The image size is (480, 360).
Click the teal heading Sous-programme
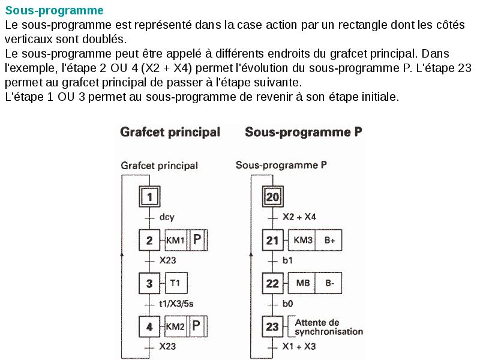(54, 10)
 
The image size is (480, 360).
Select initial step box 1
(151, 197)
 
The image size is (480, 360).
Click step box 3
(149, 283)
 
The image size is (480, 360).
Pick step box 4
(149, 327)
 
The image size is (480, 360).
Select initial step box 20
(273, 197)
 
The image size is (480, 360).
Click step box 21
(273, 241)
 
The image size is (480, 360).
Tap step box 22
(273, 283)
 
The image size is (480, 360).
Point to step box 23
(273, 327)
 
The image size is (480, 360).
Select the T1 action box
(175, 283)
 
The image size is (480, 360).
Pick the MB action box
(302, 283)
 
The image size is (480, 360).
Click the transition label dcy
(167, 217)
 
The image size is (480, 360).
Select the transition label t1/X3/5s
(176, 304)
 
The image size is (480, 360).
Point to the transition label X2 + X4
(299, 217)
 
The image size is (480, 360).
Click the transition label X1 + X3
(299, 347)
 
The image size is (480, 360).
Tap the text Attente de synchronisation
(329, 327)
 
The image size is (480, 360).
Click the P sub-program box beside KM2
(197, 327)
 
